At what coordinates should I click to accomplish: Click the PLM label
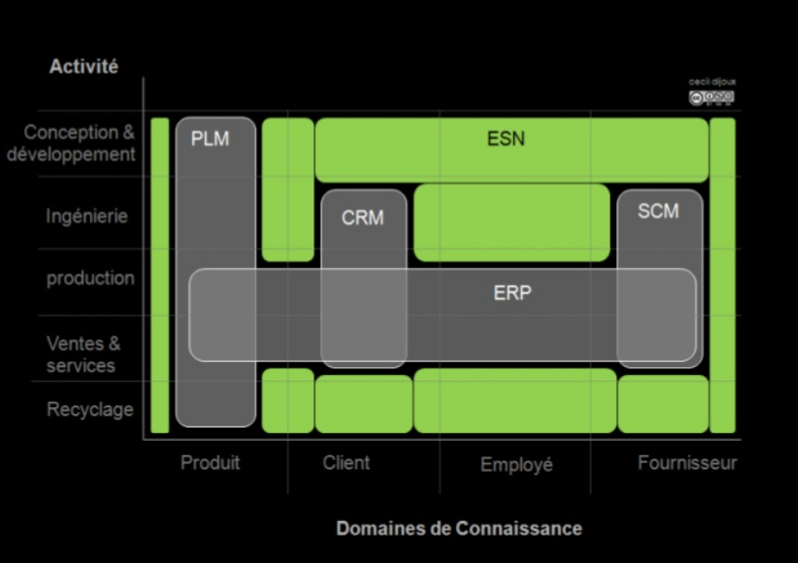click(210, 139)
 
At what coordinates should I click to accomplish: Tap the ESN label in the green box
click(506, 139)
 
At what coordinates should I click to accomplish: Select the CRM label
click(362, 217)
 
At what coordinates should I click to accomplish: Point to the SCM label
click(658, 211)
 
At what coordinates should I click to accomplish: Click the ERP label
click(512, 292)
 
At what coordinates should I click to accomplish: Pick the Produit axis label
click(210, 463)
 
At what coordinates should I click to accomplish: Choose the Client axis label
click(346, 463)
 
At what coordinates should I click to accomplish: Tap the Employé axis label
click(517, 465)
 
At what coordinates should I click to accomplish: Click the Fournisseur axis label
click(687, 463)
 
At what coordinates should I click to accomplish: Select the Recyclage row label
click(90, 410)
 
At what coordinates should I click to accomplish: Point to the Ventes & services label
click(83, 355)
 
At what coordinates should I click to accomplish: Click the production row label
click(91, 278)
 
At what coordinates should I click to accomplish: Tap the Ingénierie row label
click(87, 216)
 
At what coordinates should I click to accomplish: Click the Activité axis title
click(84, 67)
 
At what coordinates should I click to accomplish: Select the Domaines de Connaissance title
click(459, 528)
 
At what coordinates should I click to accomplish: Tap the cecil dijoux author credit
click(712, 82)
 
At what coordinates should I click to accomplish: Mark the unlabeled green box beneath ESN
click(512, 223)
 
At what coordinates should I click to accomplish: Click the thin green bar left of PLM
click(159, 275)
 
